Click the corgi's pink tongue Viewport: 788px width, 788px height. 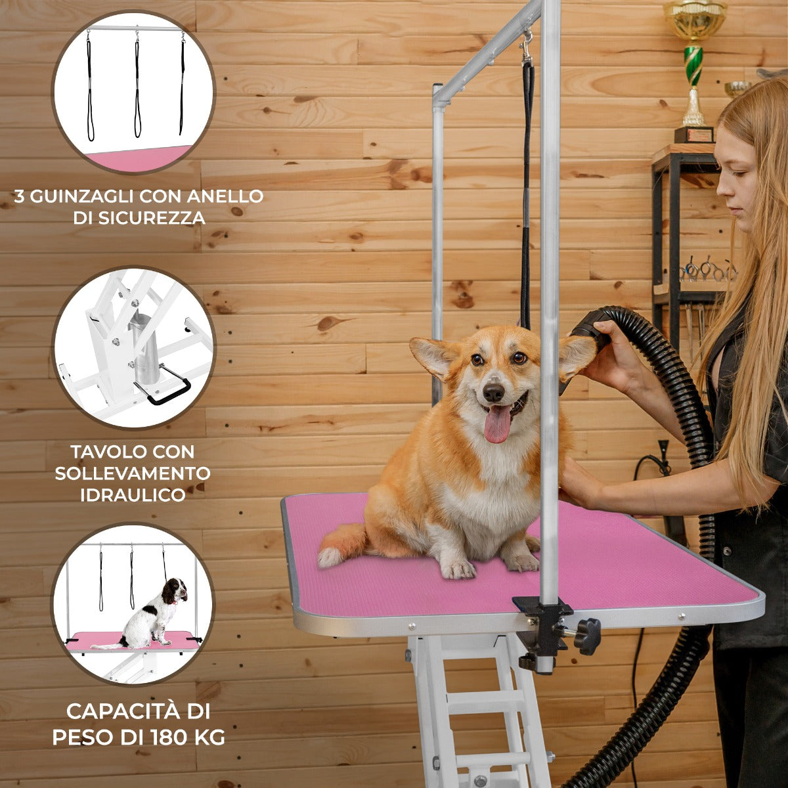click(x=497, y=424)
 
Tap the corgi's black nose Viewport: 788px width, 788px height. click(x=493, y=393)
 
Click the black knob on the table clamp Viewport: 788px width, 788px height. click(x=588, y=636)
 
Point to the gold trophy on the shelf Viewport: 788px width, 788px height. click(x=694, y=66)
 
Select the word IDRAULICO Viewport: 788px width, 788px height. click(x=133, y=495)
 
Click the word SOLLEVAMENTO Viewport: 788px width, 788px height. click(x=133, y=473)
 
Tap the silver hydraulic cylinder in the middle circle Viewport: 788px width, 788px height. click(x=144, y=348)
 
